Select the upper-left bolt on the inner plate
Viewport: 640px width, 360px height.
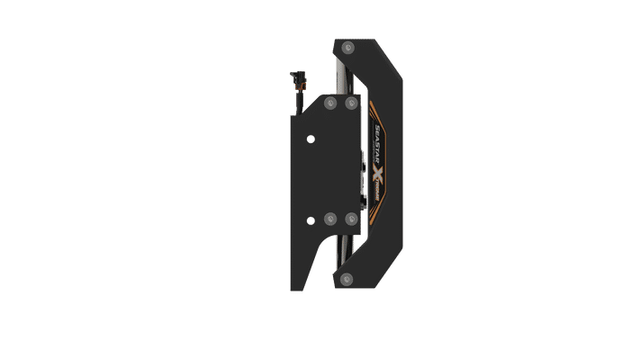click(329, 104)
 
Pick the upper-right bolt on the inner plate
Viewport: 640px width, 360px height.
click(349, 104)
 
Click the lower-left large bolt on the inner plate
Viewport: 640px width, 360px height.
click(329, 218)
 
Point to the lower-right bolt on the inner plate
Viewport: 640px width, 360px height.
click(349, 218)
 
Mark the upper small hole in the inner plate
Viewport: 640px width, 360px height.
click(311, 139)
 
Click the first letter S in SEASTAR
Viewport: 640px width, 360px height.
click(365, 129)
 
